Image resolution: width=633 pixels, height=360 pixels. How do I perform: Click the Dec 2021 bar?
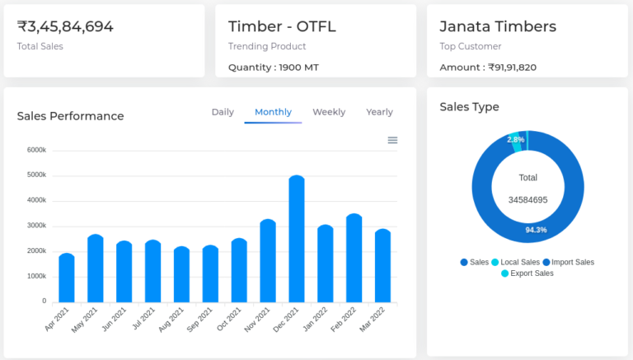pyautogui.click(x=297, y=239)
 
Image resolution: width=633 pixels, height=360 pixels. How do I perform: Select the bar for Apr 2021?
pyautogui.click(x=67, y=278)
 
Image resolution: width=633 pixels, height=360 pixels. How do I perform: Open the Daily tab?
pyautogui.click(x=223, y=112)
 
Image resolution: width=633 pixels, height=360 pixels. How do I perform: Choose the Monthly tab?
pyautogui.click(x=273, y=112)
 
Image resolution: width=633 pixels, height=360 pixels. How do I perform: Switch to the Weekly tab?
pyautogui.click(x=329, y=112)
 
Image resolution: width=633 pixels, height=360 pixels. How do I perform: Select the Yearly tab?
pyautogui.click(x=379, y=112)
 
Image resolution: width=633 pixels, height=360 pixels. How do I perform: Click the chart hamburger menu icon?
pyautogui.click(x=392, y=140)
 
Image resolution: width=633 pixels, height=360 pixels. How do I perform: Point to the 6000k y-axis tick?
pyautogui.click(x=36, y=150)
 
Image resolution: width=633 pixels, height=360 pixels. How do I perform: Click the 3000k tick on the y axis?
pyautogui.click(x=36, y=226)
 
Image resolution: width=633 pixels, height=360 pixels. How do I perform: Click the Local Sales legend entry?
pyautogui.click(x=515, y=262)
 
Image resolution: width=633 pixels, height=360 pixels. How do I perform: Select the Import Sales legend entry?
pyautogui.click(x=568, y=262)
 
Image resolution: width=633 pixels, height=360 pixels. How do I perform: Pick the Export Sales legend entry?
pyautogui.click(x=527, y=274)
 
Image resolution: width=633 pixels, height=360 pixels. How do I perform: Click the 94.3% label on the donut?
pyautogui.click(x=536, y=230)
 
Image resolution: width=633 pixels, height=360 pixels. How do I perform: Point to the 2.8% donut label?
pyautogui.click(x=516, y=140)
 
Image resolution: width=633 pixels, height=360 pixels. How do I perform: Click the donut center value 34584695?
pyautogui.click(x=527, y=200)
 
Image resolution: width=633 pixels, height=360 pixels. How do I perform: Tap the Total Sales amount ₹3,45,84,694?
pyautogui.click(x=65, y=26)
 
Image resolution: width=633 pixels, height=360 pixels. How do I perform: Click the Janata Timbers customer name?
pyautogui.click(x=498, y=26)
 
